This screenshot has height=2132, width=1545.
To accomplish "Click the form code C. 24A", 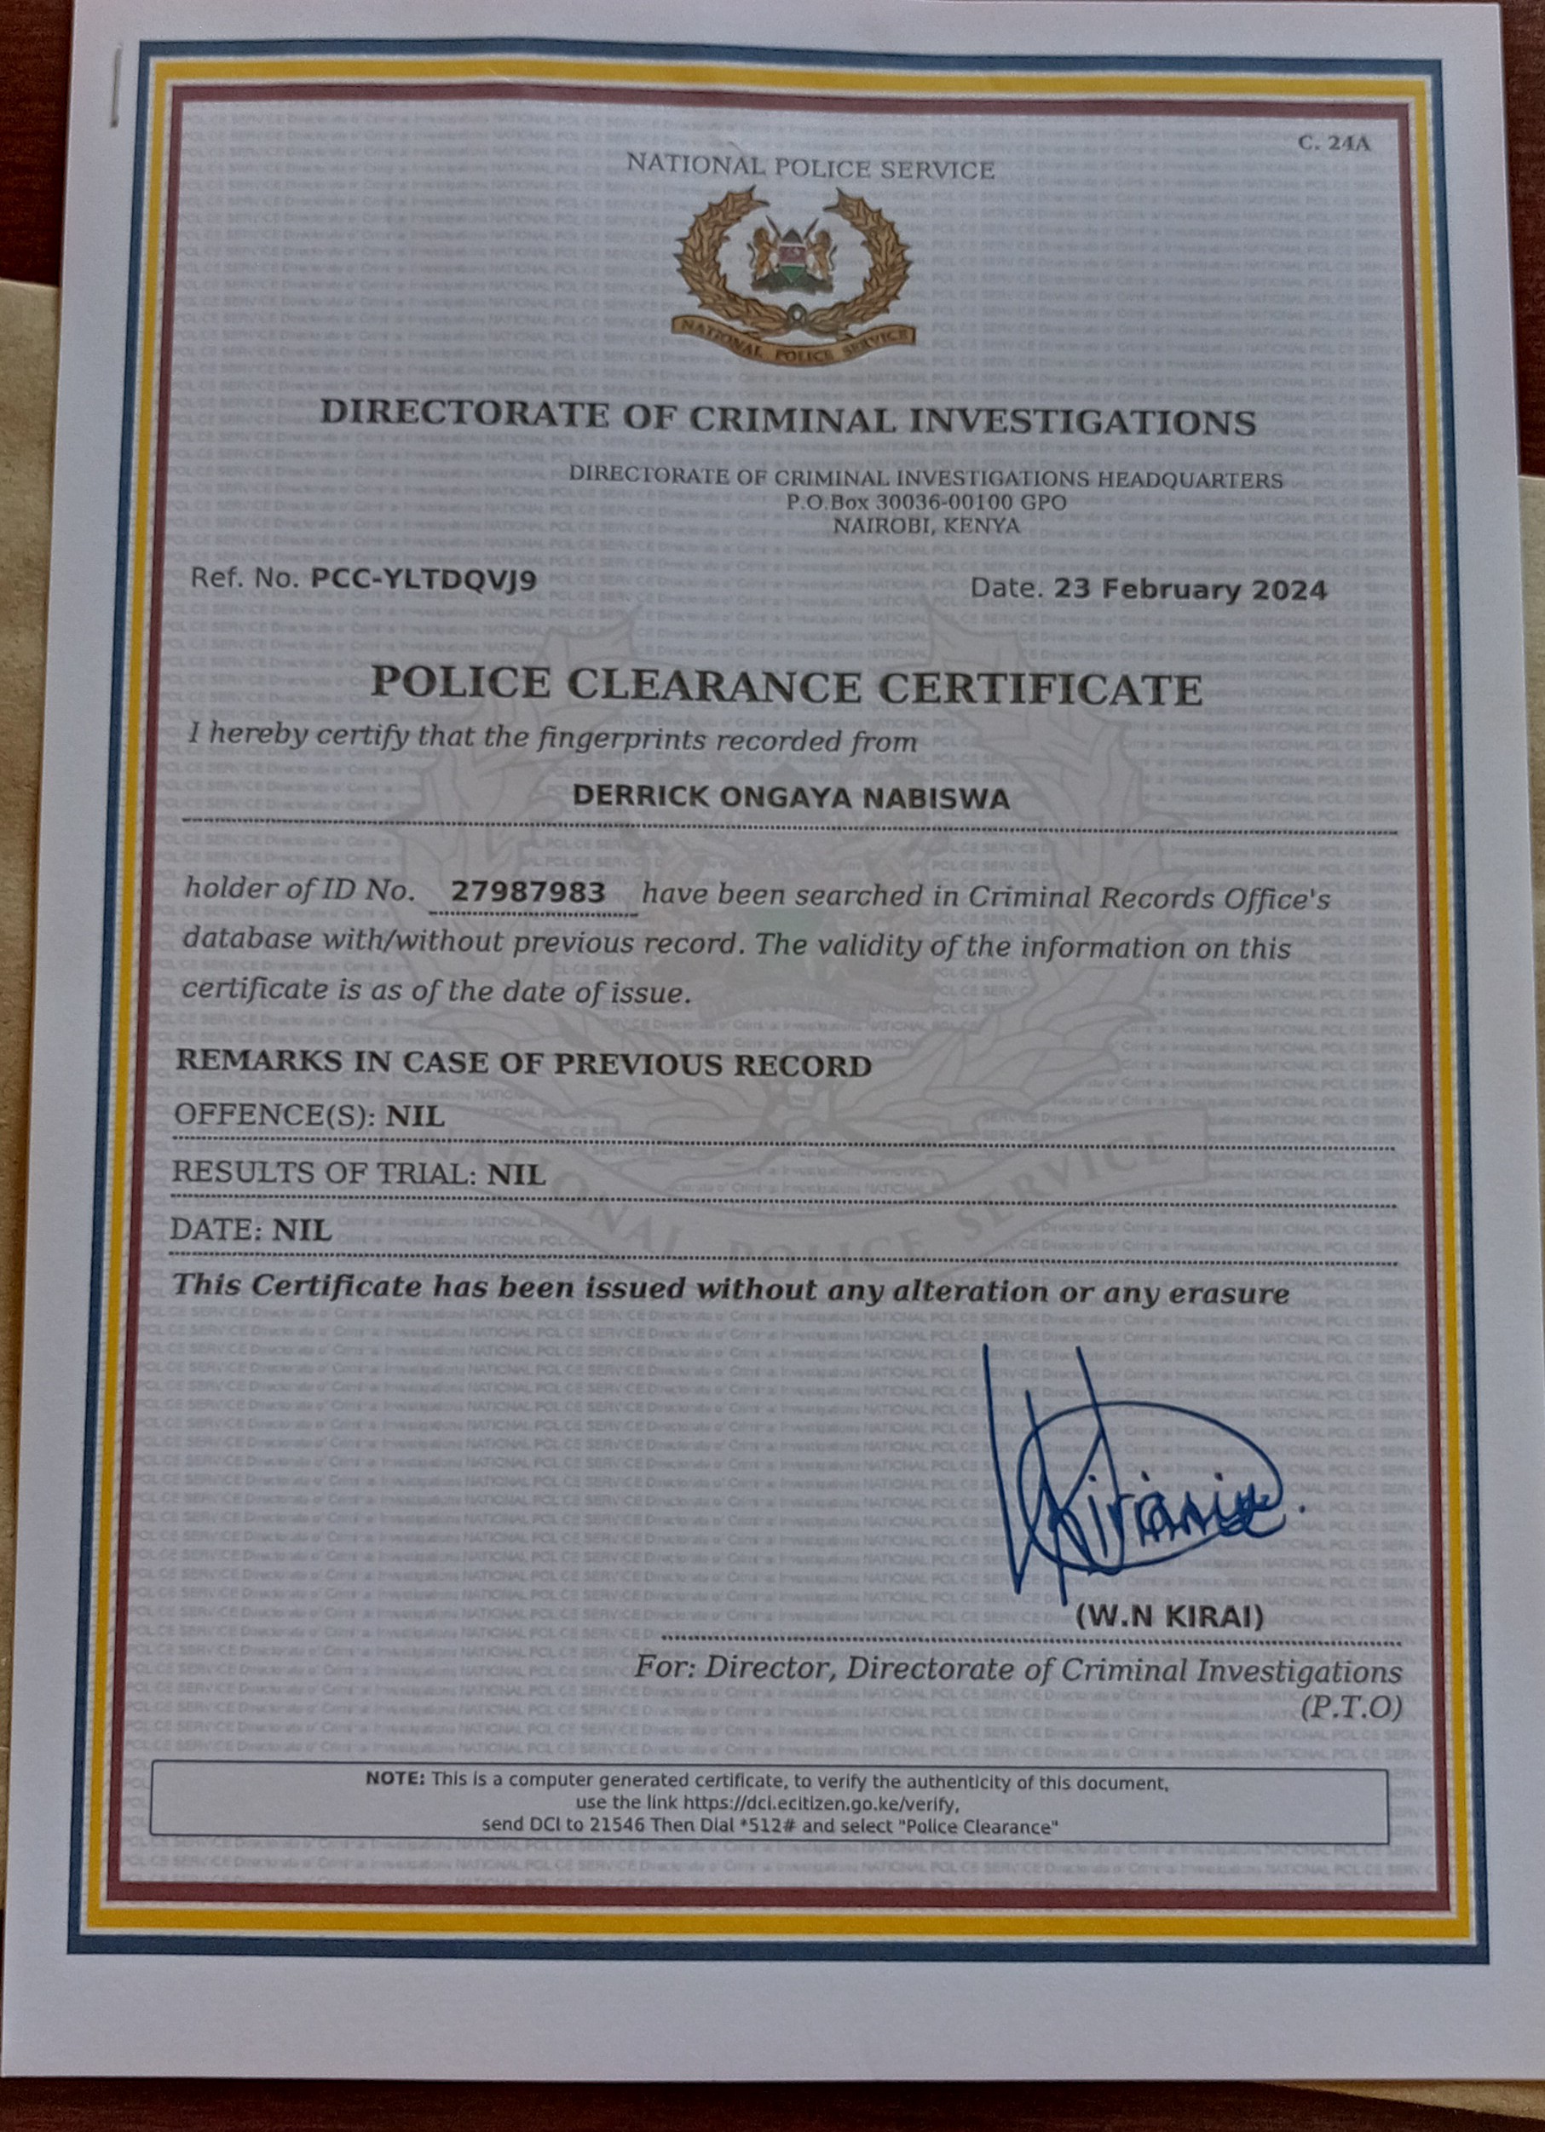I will click(x=1334, y=143).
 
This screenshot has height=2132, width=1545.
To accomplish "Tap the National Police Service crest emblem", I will click(x=792, y=274).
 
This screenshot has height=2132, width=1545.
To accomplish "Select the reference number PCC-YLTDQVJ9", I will click(x=424, y=579).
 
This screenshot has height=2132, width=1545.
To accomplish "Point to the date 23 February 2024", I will click(x=1190, y=590).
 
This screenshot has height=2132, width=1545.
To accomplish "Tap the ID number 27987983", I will click(x=527, y=890).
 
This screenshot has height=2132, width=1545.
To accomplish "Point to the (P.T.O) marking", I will click(x=1352, y=1706).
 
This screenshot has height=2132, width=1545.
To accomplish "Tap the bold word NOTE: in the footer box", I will click(x=395, y=1778).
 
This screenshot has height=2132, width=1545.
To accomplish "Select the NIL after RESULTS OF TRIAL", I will click(x=516, y=1173).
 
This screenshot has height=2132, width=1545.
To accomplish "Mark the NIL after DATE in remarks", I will click(x=302, y=1230).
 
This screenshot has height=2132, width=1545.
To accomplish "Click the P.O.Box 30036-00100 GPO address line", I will click(x=926, y=502).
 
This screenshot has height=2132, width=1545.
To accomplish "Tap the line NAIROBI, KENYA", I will click(x=926, y=525).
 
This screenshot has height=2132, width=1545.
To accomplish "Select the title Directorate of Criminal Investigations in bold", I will click(x=788, y=418).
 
